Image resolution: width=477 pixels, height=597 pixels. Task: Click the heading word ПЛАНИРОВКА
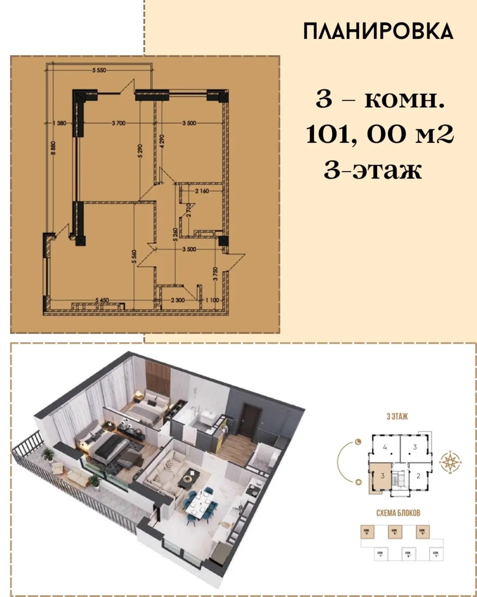[x=378, y=31]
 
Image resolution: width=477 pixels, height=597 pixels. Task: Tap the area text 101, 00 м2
[x=380, y=134]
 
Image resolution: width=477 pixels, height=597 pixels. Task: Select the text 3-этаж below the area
[x=373, y=170]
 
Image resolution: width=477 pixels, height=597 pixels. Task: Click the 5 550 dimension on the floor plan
[x=99, y=70]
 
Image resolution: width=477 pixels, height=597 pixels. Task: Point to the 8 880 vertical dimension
[x=53, y=147]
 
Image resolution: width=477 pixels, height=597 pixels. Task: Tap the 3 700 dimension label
[x=118, y=123]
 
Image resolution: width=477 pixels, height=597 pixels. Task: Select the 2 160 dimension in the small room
[x=202, y=191]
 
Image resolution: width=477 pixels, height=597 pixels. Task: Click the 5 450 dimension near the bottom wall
[x=102, y=300]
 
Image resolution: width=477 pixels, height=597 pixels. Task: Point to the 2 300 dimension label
[x=178, y=300]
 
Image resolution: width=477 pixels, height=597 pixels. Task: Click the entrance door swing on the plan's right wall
[x=235, y=261]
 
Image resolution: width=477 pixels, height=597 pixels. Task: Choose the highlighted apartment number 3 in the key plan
[x=382, y=476]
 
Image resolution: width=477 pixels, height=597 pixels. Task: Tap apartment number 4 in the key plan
[x=385, y=447]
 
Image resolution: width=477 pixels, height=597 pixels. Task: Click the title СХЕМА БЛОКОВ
[x=398, y=513]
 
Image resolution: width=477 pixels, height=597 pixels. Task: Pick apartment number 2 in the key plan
[x=418, y=476]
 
